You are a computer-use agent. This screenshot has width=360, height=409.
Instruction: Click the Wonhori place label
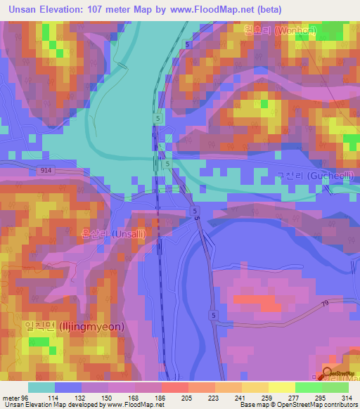pyautogui.click(x=279, y=31)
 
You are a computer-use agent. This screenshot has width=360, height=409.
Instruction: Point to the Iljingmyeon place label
pyautogui.click(x=75, y=327)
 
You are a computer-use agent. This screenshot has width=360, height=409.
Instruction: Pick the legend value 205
pyautogui.click(x=186, y=397)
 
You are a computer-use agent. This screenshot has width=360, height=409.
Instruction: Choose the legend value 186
pyautogui.click(x=160, y=397)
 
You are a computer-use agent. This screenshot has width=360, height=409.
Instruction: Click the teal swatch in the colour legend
pyautogui.click(x=41, y=387)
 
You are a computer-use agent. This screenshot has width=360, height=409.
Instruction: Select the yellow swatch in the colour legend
pyautogui.click(x=281, y=387)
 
